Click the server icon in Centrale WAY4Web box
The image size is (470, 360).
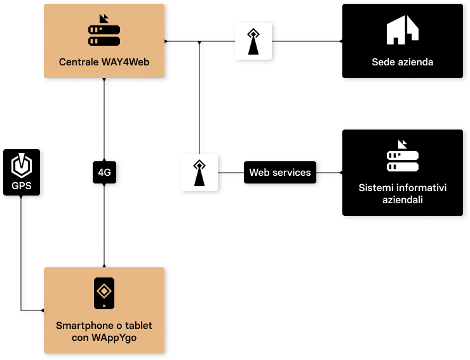[x=104, y=32]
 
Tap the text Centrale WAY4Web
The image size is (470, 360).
[x=104, y=62]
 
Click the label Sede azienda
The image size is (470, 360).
[x=403, y=62]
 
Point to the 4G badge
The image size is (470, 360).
[x=105, y=172]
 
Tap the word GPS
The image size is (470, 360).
[x=22, y=187]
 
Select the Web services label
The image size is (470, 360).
[x=279, y=173]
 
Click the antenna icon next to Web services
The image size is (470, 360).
[x=200, y=173]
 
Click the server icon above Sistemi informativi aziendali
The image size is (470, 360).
[x=403, y=157]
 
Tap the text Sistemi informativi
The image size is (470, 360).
[x=403, y=188]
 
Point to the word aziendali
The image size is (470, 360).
[x=403, y=199]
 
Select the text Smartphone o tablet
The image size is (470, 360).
[x=104, y=325]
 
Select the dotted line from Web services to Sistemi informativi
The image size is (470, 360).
[x=330, y=171]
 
